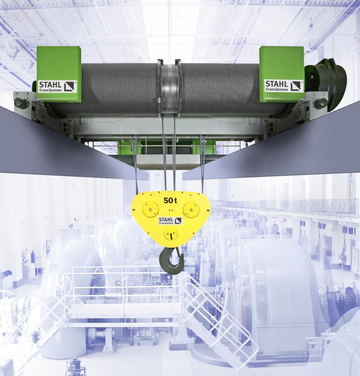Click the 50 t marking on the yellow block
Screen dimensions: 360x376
click(x=170, y=200)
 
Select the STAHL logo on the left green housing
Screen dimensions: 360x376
click(x=58, y=86)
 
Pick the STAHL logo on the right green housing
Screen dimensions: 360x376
click(x=284, y=86)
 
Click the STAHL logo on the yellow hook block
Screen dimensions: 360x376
click(x=171, y=221)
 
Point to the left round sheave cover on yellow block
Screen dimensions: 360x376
click(x=151, y=209)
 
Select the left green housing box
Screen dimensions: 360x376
click(x=59, y=74)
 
